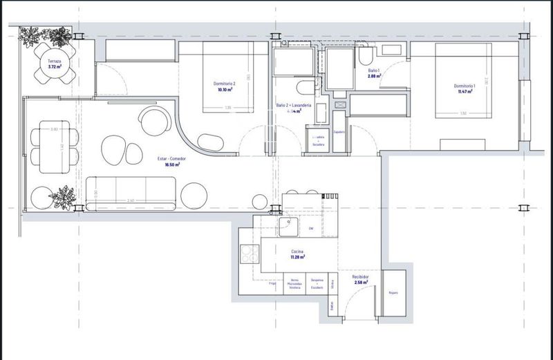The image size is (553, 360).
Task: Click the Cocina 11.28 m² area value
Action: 298,257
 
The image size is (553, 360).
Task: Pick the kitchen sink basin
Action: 288,228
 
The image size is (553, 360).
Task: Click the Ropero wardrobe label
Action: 394,293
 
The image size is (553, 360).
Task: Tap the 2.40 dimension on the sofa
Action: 131,200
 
